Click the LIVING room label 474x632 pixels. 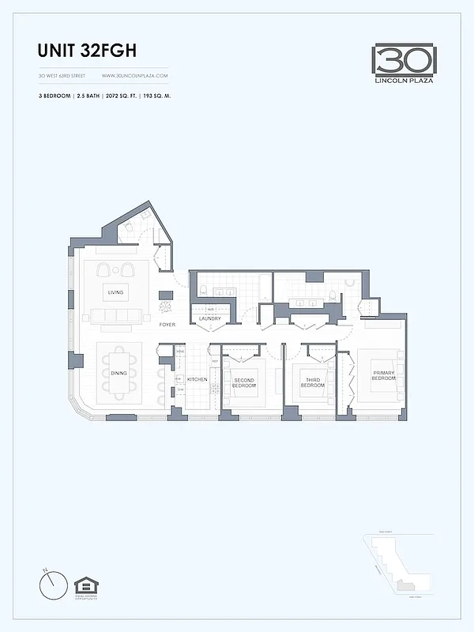coord(116,292)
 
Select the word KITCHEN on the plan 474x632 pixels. coord(197,380)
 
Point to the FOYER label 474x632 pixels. coord(167,325)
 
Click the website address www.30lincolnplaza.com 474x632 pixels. coord(135,76)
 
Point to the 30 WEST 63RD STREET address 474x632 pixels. coord(62,76)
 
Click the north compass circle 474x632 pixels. coord(53,584)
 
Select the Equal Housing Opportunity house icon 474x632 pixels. coord(85,585)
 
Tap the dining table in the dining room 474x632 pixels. coord(119,372)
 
